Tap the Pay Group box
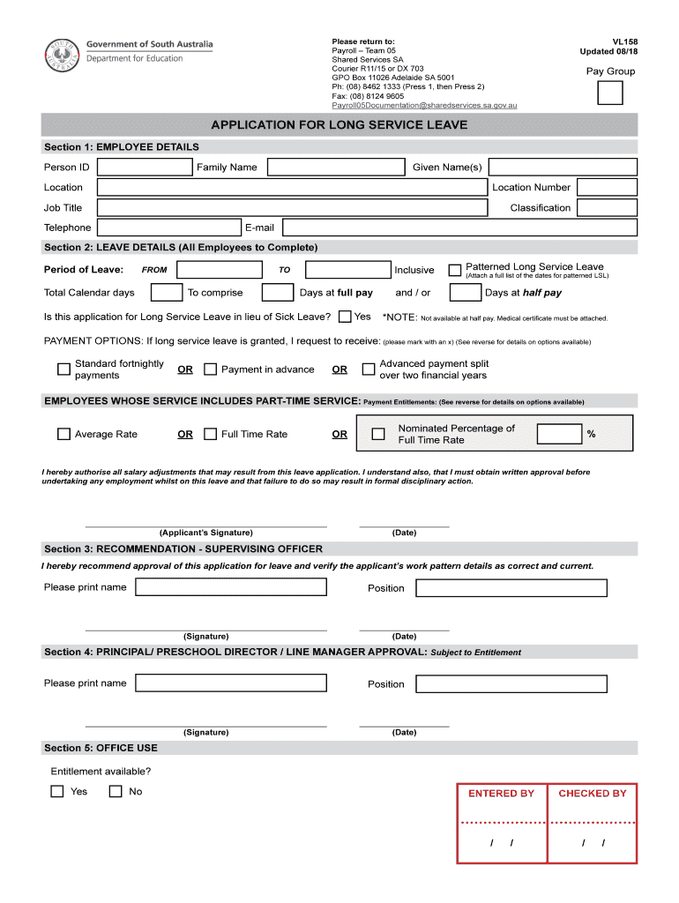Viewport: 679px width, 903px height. point(609,93)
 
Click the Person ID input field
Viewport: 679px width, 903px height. point(144,168)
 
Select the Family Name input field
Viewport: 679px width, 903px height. point(335,168)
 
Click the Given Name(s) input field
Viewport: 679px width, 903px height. point(562,168)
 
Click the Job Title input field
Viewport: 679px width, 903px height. point(291,208)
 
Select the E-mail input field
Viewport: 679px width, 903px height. point(460,228)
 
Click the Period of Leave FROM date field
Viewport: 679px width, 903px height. point(219,270)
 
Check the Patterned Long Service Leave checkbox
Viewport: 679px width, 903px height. point(455,270)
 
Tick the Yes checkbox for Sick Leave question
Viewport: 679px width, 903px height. point(345,317)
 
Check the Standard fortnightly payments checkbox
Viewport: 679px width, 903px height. point(63,369)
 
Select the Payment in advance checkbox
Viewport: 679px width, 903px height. point(210,369)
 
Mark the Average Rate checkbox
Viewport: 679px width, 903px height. point(63,434)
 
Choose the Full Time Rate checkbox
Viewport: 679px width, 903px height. point(210,434)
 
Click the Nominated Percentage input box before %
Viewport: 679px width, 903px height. point(559,434)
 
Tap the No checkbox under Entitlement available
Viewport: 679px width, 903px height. point(116,792)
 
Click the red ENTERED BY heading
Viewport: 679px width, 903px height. point(501,794)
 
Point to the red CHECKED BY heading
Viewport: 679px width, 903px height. point(592,794)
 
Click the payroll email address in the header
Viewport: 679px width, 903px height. point(423,105)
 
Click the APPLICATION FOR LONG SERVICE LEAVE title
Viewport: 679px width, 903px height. point(339,125)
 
